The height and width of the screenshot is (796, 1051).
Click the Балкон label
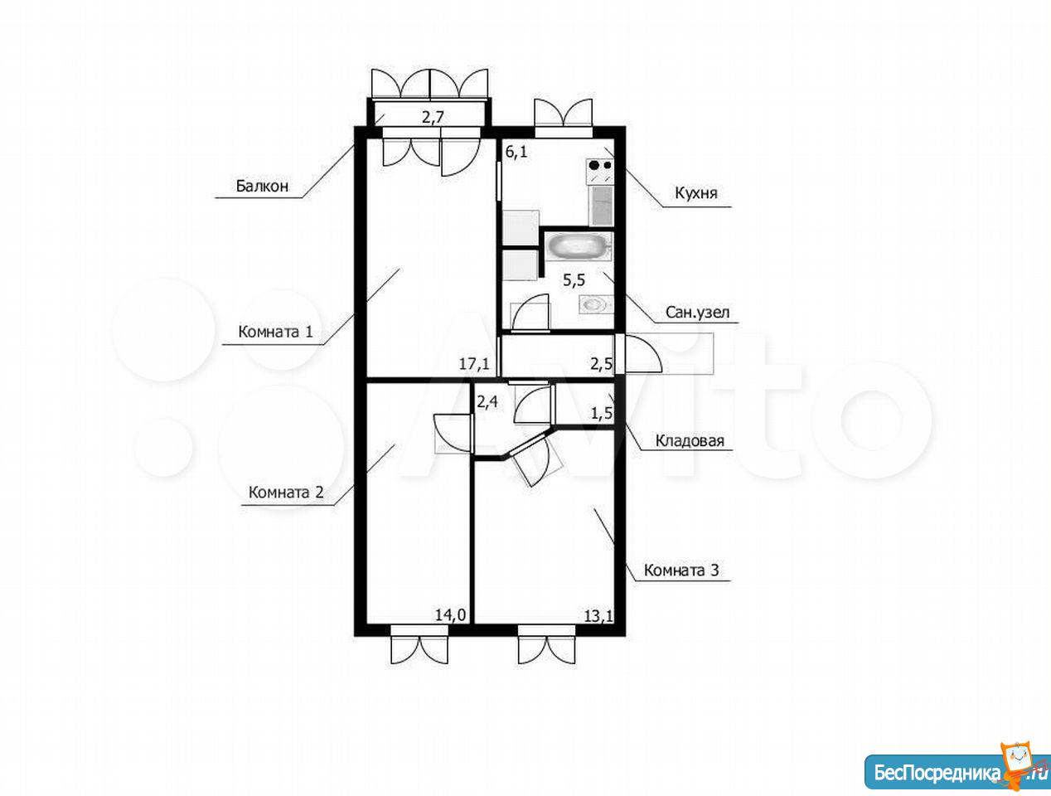click(262, 186)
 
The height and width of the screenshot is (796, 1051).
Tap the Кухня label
click(696, 192)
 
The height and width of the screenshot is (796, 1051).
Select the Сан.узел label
click(698, 313)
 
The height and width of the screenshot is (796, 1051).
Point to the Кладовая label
click(690, 440)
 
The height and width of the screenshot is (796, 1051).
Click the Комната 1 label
click(275, 331)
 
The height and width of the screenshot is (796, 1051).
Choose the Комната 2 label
click(286, 492)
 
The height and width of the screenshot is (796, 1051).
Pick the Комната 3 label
click(681, 570)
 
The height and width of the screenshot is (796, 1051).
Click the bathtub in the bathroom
click(579, 246)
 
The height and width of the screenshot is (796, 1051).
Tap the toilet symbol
click(596, 304)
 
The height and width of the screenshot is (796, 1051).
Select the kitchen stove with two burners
click(600, 172)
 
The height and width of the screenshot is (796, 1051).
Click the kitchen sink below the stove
click(602, 206)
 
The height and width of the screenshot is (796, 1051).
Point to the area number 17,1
click(474, 363)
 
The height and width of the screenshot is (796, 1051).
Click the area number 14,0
click(450, 614)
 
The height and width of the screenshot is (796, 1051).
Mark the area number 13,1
click(598, 615)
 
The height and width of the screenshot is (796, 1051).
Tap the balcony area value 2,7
click(433, 117)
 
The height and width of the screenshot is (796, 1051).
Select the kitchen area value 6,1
click(516, 152)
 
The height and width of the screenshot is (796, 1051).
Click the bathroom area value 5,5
click(574, 279)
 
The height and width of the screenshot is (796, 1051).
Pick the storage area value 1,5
click(602, 412)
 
